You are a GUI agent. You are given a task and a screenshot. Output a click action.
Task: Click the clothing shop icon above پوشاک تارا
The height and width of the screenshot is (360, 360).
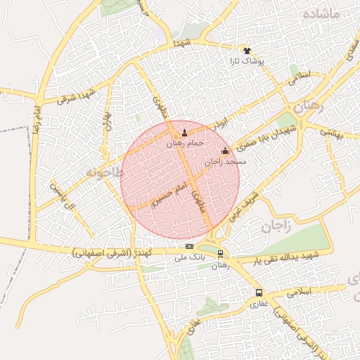pos(247,51)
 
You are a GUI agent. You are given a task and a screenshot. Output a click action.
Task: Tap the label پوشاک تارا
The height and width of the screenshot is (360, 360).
pos(246,62)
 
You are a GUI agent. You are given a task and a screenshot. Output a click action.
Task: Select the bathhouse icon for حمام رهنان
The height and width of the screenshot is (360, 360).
pos(185,131)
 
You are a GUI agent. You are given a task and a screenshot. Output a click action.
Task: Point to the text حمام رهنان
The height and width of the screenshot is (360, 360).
pos(185,143)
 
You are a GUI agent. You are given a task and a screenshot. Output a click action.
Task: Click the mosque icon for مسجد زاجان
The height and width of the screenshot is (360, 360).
pos(225,150)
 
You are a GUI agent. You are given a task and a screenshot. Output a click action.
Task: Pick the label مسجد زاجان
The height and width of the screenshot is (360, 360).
pos(226,162)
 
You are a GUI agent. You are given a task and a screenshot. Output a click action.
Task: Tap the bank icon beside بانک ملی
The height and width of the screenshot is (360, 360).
pos(189,246)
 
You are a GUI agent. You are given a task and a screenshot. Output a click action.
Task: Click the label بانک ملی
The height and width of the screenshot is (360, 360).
pos(188,257)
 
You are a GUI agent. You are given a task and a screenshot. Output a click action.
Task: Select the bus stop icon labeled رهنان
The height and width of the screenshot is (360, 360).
pos(221,254)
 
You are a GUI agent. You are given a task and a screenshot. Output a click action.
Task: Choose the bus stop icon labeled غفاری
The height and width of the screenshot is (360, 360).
pos(259,292)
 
